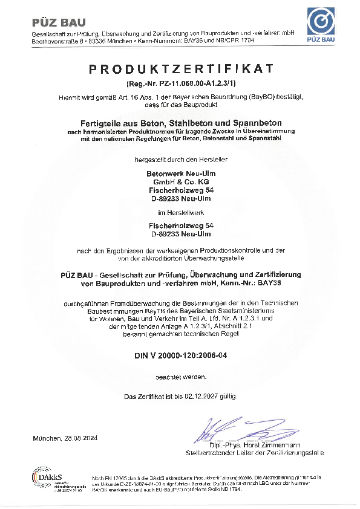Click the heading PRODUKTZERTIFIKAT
181,69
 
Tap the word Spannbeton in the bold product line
266,123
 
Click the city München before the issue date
47,438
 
